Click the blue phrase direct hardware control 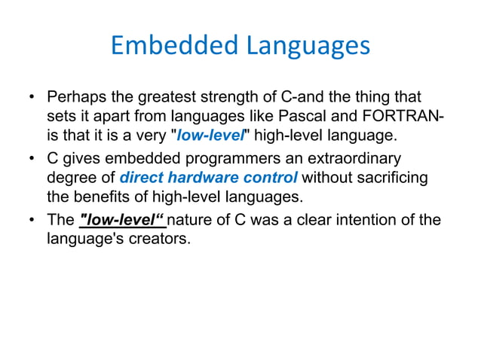(209, 178)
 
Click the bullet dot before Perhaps (32, 99)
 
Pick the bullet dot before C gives (32, 160)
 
